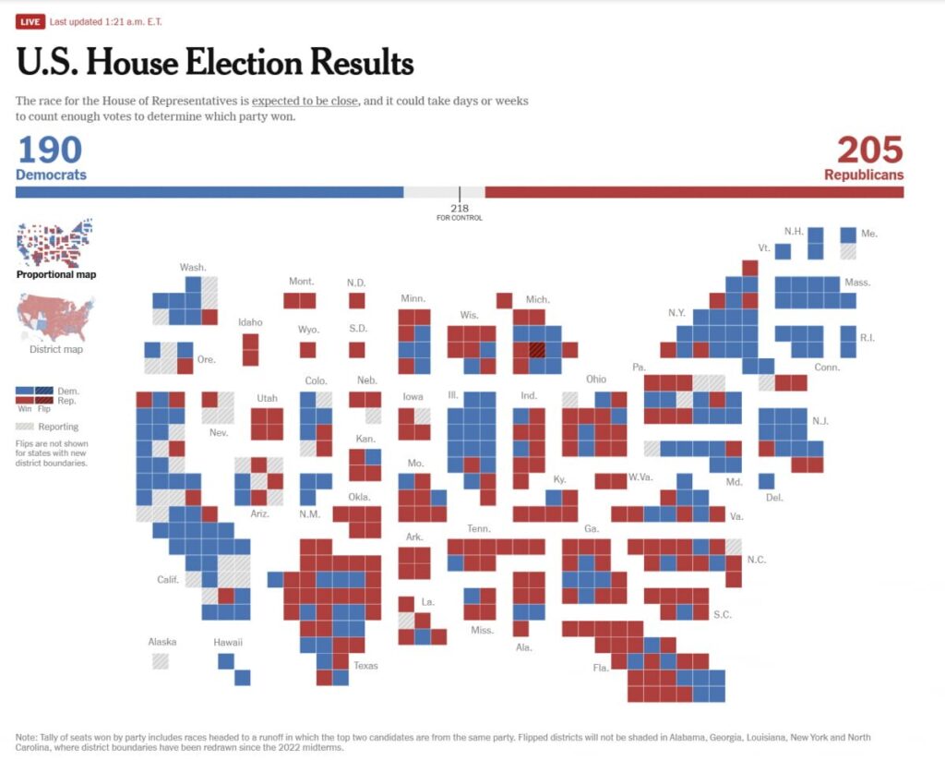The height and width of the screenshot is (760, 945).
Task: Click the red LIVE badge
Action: tap(30, 21)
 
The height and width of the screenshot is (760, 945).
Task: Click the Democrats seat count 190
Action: tap(50, 150)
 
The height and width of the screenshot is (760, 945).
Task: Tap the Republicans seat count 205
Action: tap(869, 150)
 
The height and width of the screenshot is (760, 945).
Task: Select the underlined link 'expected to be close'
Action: tap(305, 101)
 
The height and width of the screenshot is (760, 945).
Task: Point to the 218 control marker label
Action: tap(460, 208)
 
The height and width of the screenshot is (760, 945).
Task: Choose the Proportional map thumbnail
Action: tap(55, 242)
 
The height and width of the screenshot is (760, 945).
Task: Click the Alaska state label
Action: tap(162, 642)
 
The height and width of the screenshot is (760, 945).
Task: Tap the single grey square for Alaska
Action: tap(161, 660)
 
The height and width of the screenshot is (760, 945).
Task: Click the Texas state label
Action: tap(365, 666)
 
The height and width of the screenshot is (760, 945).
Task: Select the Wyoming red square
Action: tap(308, 350)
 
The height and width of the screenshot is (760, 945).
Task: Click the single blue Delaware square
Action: tap(766, 481)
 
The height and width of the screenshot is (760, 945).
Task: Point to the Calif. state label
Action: tap(168, 579)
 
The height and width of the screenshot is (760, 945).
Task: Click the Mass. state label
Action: tap(857, 282)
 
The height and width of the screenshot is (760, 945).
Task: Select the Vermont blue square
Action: tap(783, 251)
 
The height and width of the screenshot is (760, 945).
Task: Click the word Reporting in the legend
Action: tap(58, 427)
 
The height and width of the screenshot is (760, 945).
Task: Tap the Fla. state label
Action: tap(601, 668)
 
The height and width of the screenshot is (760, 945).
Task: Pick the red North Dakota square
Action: tap(356, 300)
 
